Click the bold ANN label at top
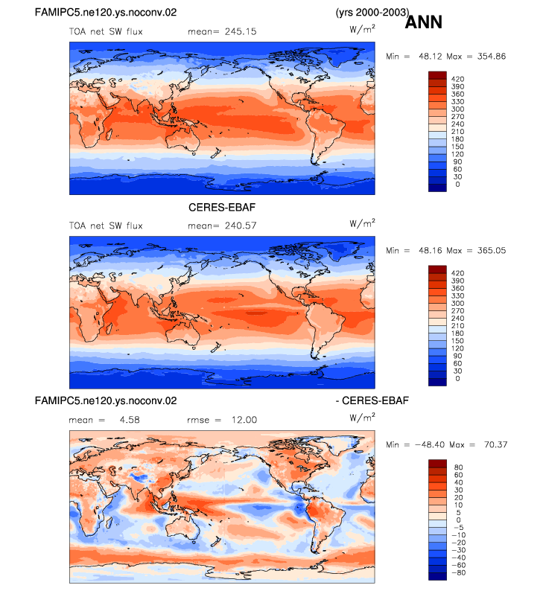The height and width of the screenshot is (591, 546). point(423,22)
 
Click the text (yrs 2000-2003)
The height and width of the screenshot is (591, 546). point(372,13)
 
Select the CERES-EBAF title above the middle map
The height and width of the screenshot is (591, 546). point(222,208)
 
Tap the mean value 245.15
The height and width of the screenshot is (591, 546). point(241,32)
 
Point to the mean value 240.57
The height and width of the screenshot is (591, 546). point(241,226)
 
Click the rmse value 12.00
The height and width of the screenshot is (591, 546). point(244,420)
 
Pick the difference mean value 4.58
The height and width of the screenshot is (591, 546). point(130,420)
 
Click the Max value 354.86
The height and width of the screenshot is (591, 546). point(492,57)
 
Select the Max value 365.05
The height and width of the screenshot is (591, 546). point(492,251)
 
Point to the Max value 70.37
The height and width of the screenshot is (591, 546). point(496,445)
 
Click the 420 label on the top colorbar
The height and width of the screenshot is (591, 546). point(458,79)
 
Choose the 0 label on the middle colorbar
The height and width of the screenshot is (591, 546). point(458,378)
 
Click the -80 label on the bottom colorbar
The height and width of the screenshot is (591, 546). point(459,572)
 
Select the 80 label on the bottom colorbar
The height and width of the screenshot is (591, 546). point(459,467)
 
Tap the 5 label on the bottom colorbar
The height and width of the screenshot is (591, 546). point(459,513)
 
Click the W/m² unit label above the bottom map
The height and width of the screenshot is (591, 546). point(362,417)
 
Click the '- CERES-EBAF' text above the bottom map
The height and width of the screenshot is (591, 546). point(372,400)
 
